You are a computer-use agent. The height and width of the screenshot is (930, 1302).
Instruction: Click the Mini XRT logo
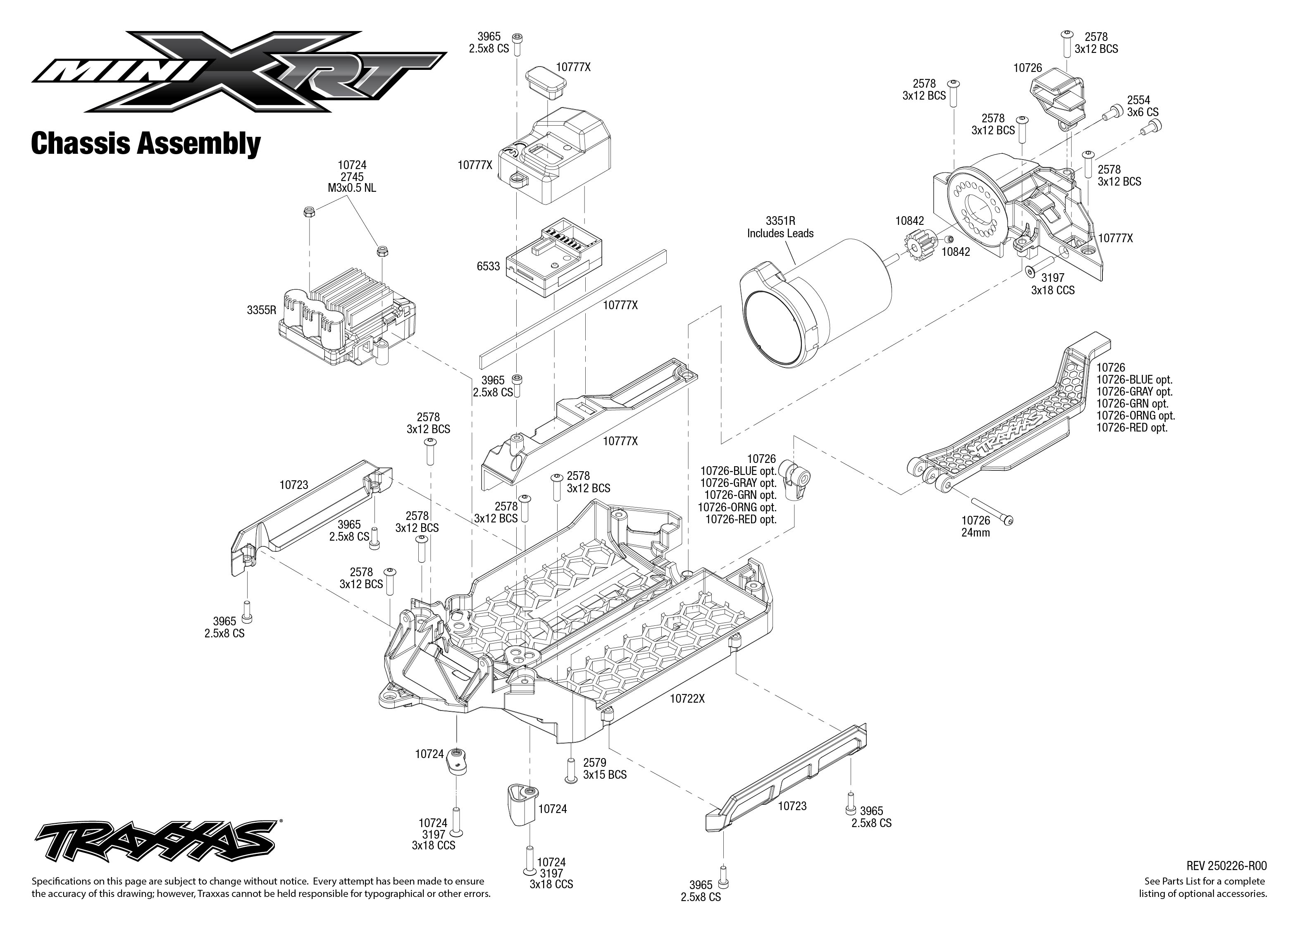point(239,71)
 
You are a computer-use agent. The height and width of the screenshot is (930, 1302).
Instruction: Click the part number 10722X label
point(687,699)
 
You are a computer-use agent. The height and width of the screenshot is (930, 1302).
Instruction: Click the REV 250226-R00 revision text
point(1226,866)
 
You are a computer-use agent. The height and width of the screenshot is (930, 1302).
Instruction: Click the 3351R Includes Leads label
point(780,227)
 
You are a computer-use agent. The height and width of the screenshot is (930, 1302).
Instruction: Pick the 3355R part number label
point(261,310)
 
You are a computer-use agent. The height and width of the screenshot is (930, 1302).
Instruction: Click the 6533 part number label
point(488,266)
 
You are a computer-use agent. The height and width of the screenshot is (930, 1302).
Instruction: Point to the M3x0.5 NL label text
point(352,188)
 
